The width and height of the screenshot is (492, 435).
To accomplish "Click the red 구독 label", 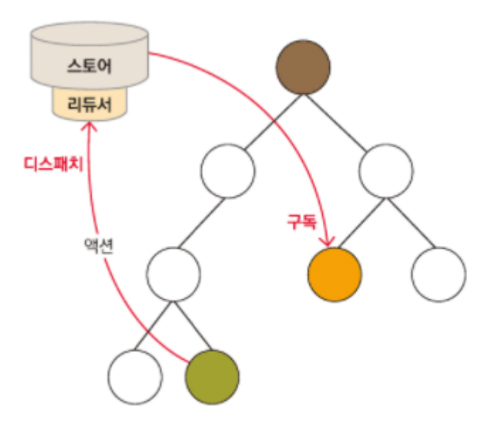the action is (x=297, y=222).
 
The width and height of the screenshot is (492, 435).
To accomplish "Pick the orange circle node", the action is (x=335, y=274).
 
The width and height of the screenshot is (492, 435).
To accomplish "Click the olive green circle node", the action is (x=212, y=376).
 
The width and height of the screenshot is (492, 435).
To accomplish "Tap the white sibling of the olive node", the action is (x=136, y=376).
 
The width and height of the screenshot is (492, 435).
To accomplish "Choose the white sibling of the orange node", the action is (x=439, y=274).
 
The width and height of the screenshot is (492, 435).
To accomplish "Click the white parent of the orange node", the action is (x=387, y=171).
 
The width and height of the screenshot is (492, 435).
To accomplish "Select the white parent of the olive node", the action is (x=174, y=274).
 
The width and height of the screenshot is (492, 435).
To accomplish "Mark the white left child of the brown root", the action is (x=227, y=171).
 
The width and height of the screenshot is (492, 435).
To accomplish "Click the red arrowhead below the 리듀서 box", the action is (x=89, y=127).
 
